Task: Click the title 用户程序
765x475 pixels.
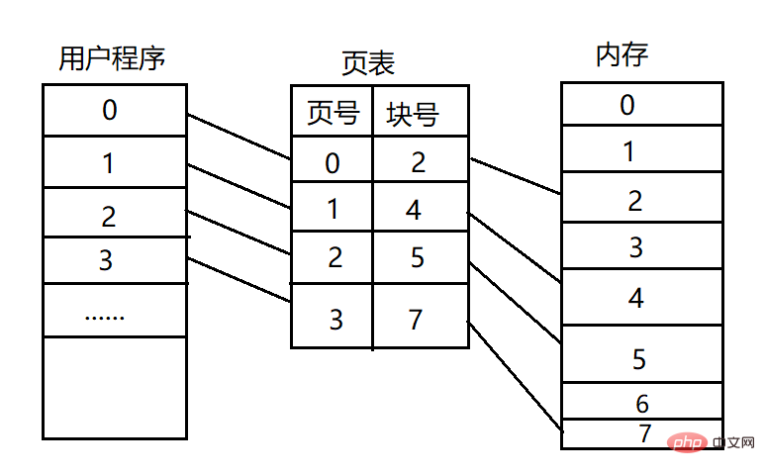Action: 112,57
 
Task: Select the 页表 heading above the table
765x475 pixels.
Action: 367,64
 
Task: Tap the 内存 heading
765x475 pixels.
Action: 622,55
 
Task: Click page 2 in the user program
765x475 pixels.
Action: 109,215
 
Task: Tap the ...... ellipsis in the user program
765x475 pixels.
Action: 104,315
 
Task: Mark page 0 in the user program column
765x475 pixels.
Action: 109,110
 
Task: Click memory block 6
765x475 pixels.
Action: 640,403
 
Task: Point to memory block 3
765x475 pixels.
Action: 636,246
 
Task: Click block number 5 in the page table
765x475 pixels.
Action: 418,257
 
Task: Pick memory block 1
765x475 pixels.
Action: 627,151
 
